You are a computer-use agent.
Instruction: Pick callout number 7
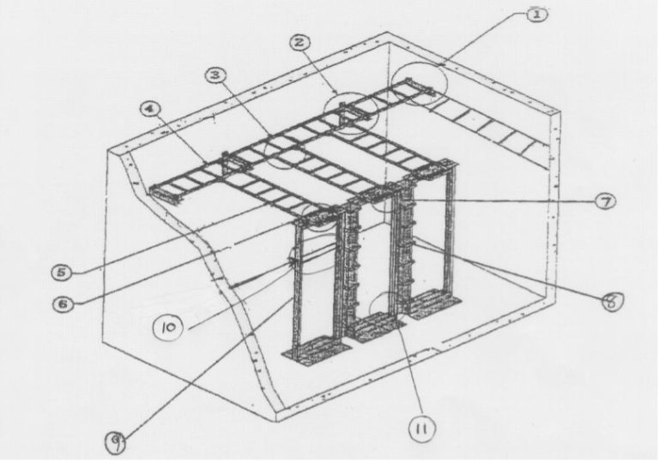(604, 201)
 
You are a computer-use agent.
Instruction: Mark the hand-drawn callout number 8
(613, 302)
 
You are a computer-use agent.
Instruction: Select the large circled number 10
(169, 326)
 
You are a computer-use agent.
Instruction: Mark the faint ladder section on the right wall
(489, 129)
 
